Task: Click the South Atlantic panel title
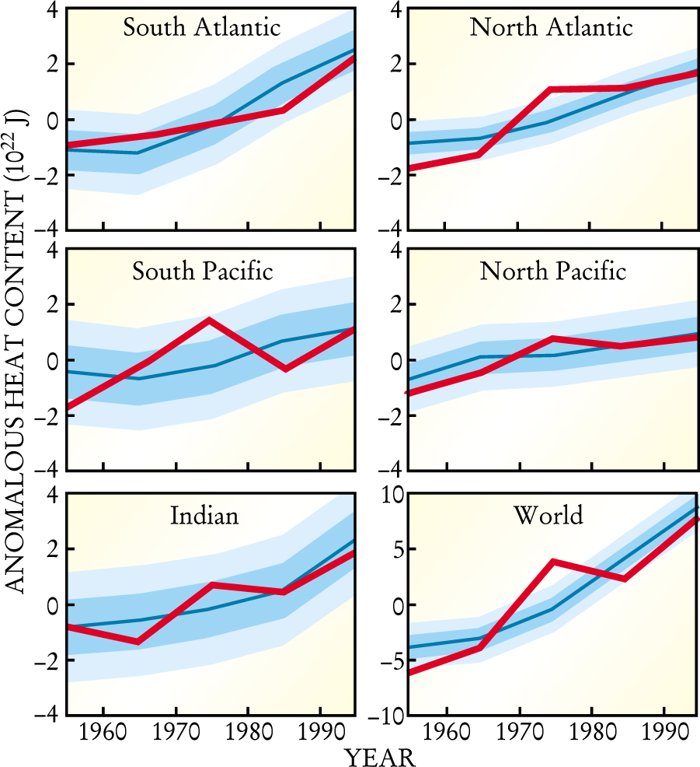pos(201,28)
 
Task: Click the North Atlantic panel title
pos(551,28)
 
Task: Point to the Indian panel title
pos(205,515)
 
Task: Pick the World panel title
pos(549,515)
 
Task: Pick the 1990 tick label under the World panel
pos(665,733)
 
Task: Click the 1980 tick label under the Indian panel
pos(248,733)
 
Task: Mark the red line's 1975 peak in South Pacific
pos(210,320)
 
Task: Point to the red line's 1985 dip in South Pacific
pos(285,368)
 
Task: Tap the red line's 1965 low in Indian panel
pos(138,641)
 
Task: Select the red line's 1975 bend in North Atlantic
pos(549,89)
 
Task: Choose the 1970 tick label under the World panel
pos(519,733)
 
